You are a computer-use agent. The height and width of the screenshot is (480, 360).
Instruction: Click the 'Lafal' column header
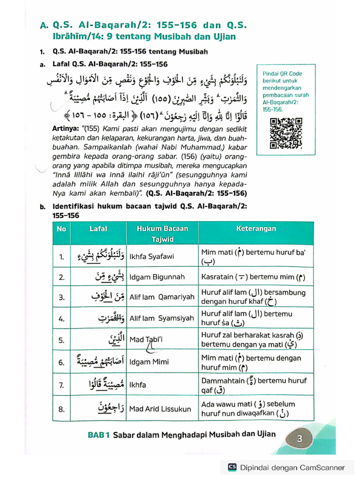point(98,229)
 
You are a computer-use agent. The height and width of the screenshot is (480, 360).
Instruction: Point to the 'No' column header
point(61,229)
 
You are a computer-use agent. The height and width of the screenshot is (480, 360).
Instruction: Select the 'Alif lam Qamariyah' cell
point(161,297)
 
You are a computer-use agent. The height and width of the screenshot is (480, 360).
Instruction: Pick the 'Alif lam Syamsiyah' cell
point(161,318)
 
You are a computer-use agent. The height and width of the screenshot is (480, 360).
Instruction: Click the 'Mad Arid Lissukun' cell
point(160,409)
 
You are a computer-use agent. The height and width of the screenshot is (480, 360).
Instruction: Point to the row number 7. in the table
point(61,385)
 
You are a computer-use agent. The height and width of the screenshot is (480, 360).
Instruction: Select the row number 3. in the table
point(61,297)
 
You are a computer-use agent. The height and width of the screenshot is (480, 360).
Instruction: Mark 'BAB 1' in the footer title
point(98,435)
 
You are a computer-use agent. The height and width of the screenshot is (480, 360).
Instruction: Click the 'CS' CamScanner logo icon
point(232,467)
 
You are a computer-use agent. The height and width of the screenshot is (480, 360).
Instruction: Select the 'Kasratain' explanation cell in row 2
point(253,277)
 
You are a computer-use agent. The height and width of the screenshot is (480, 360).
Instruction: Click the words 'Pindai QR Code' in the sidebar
point(282,74)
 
